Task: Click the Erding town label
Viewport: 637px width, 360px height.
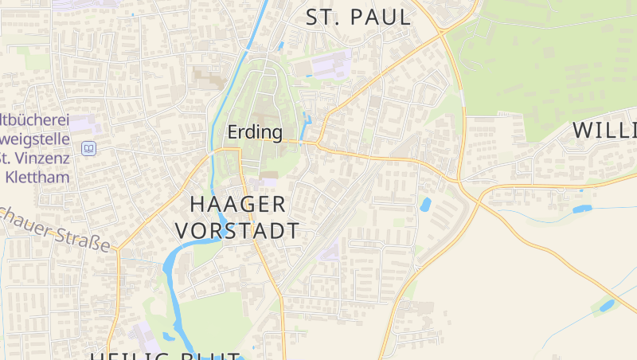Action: [255, 132]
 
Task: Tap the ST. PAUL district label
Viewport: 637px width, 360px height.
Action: [358, 17]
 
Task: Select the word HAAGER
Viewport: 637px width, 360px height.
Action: [238, 204]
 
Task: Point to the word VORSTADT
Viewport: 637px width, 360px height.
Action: [237, 231]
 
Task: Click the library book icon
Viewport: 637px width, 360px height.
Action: [88, 149]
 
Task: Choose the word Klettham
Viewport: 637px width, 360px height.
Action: [38, 177]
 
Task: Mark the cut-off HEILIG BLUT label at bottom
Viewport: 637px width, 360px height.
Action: [165, 354]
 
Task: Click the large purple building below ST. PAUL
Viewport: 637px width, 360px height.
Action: [330, 65]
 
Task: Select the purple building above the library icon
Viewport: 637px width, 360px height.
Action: [86, 125]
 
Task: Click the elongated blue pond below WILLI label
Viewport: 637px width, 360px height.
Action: [582, 209]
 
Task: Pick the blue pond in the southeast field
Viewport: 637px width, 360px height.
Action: [607, 305]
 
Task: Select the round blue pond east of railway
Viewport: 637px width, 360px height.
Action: [425, 204]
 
